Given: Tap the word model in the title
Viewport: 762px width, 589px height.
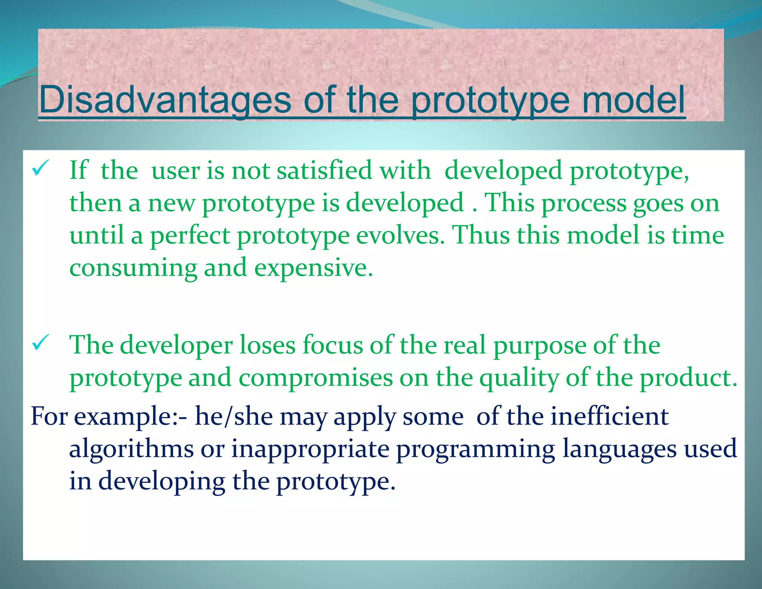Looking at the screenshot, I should point(633,100).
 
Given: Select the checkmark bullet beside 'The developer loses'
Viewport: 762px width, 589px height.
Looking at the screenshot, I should point(40,343).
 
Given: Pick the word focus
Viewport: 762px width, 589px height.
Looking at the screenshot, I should point(333,345).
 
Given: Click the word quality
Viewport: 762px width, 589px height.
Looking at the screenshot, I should point(519,378).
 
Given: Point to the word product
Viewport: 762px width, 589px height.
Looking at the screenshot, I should point(688,378).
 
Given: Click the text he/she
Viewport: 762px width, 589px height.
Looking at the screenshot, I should point(234,416).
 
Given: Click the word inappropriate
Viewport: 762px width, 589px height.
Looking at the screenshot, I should point(310,449).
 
